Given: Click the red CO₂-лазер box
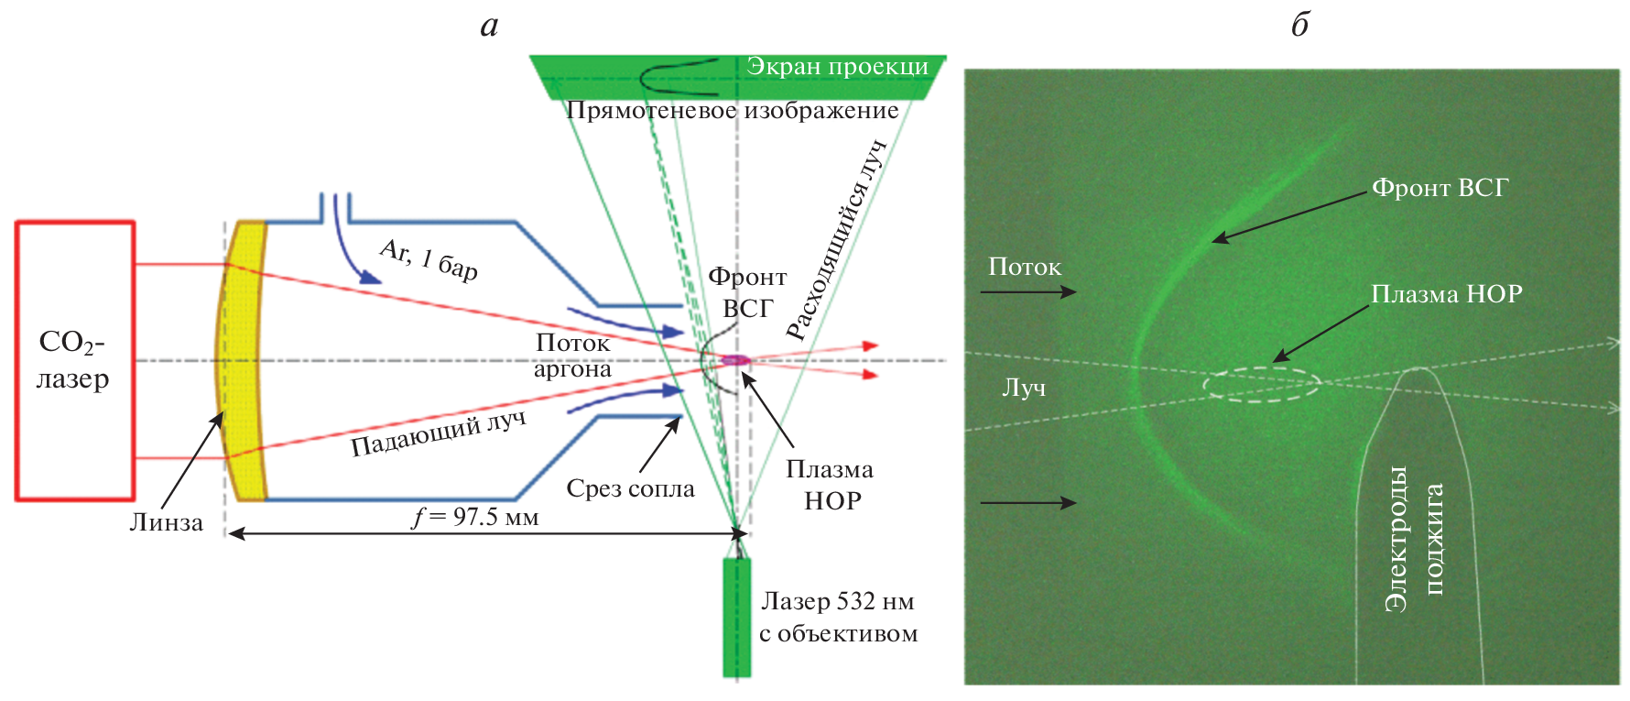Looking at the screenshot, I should (x=74, y=360).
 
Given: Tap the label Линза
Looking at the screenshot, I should (x=166, y=522).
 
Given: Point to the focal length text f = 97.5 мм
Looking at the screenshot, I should (x=475, y=517).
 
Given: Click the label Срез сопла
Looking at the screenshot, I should (x=630, y=488).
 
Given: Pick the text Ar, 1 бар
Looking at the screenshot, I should (x=429, y=259).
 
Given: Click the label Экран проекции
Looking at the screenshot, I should (x=837, y=66).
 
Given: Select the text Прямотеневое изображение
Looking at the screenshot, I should (x=732, y=110).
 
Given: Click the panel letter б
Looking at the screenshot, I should (x=1299, y=25).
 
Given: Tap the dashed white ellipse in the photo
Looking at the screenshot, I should (x=1261, y=384).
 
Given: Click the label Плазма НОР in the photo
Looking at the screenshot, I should (x=1446, y=294).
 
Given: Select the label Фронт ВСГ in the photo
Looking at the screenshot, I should (x=1440, y=188).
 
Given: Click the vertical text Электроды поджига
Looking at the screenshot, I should (x=1414, y=538).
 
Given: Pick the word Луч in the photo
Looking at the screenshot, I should (x=1024, y=388).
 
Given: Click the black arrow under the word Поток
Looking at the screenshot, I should (x=1027, y=292).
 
